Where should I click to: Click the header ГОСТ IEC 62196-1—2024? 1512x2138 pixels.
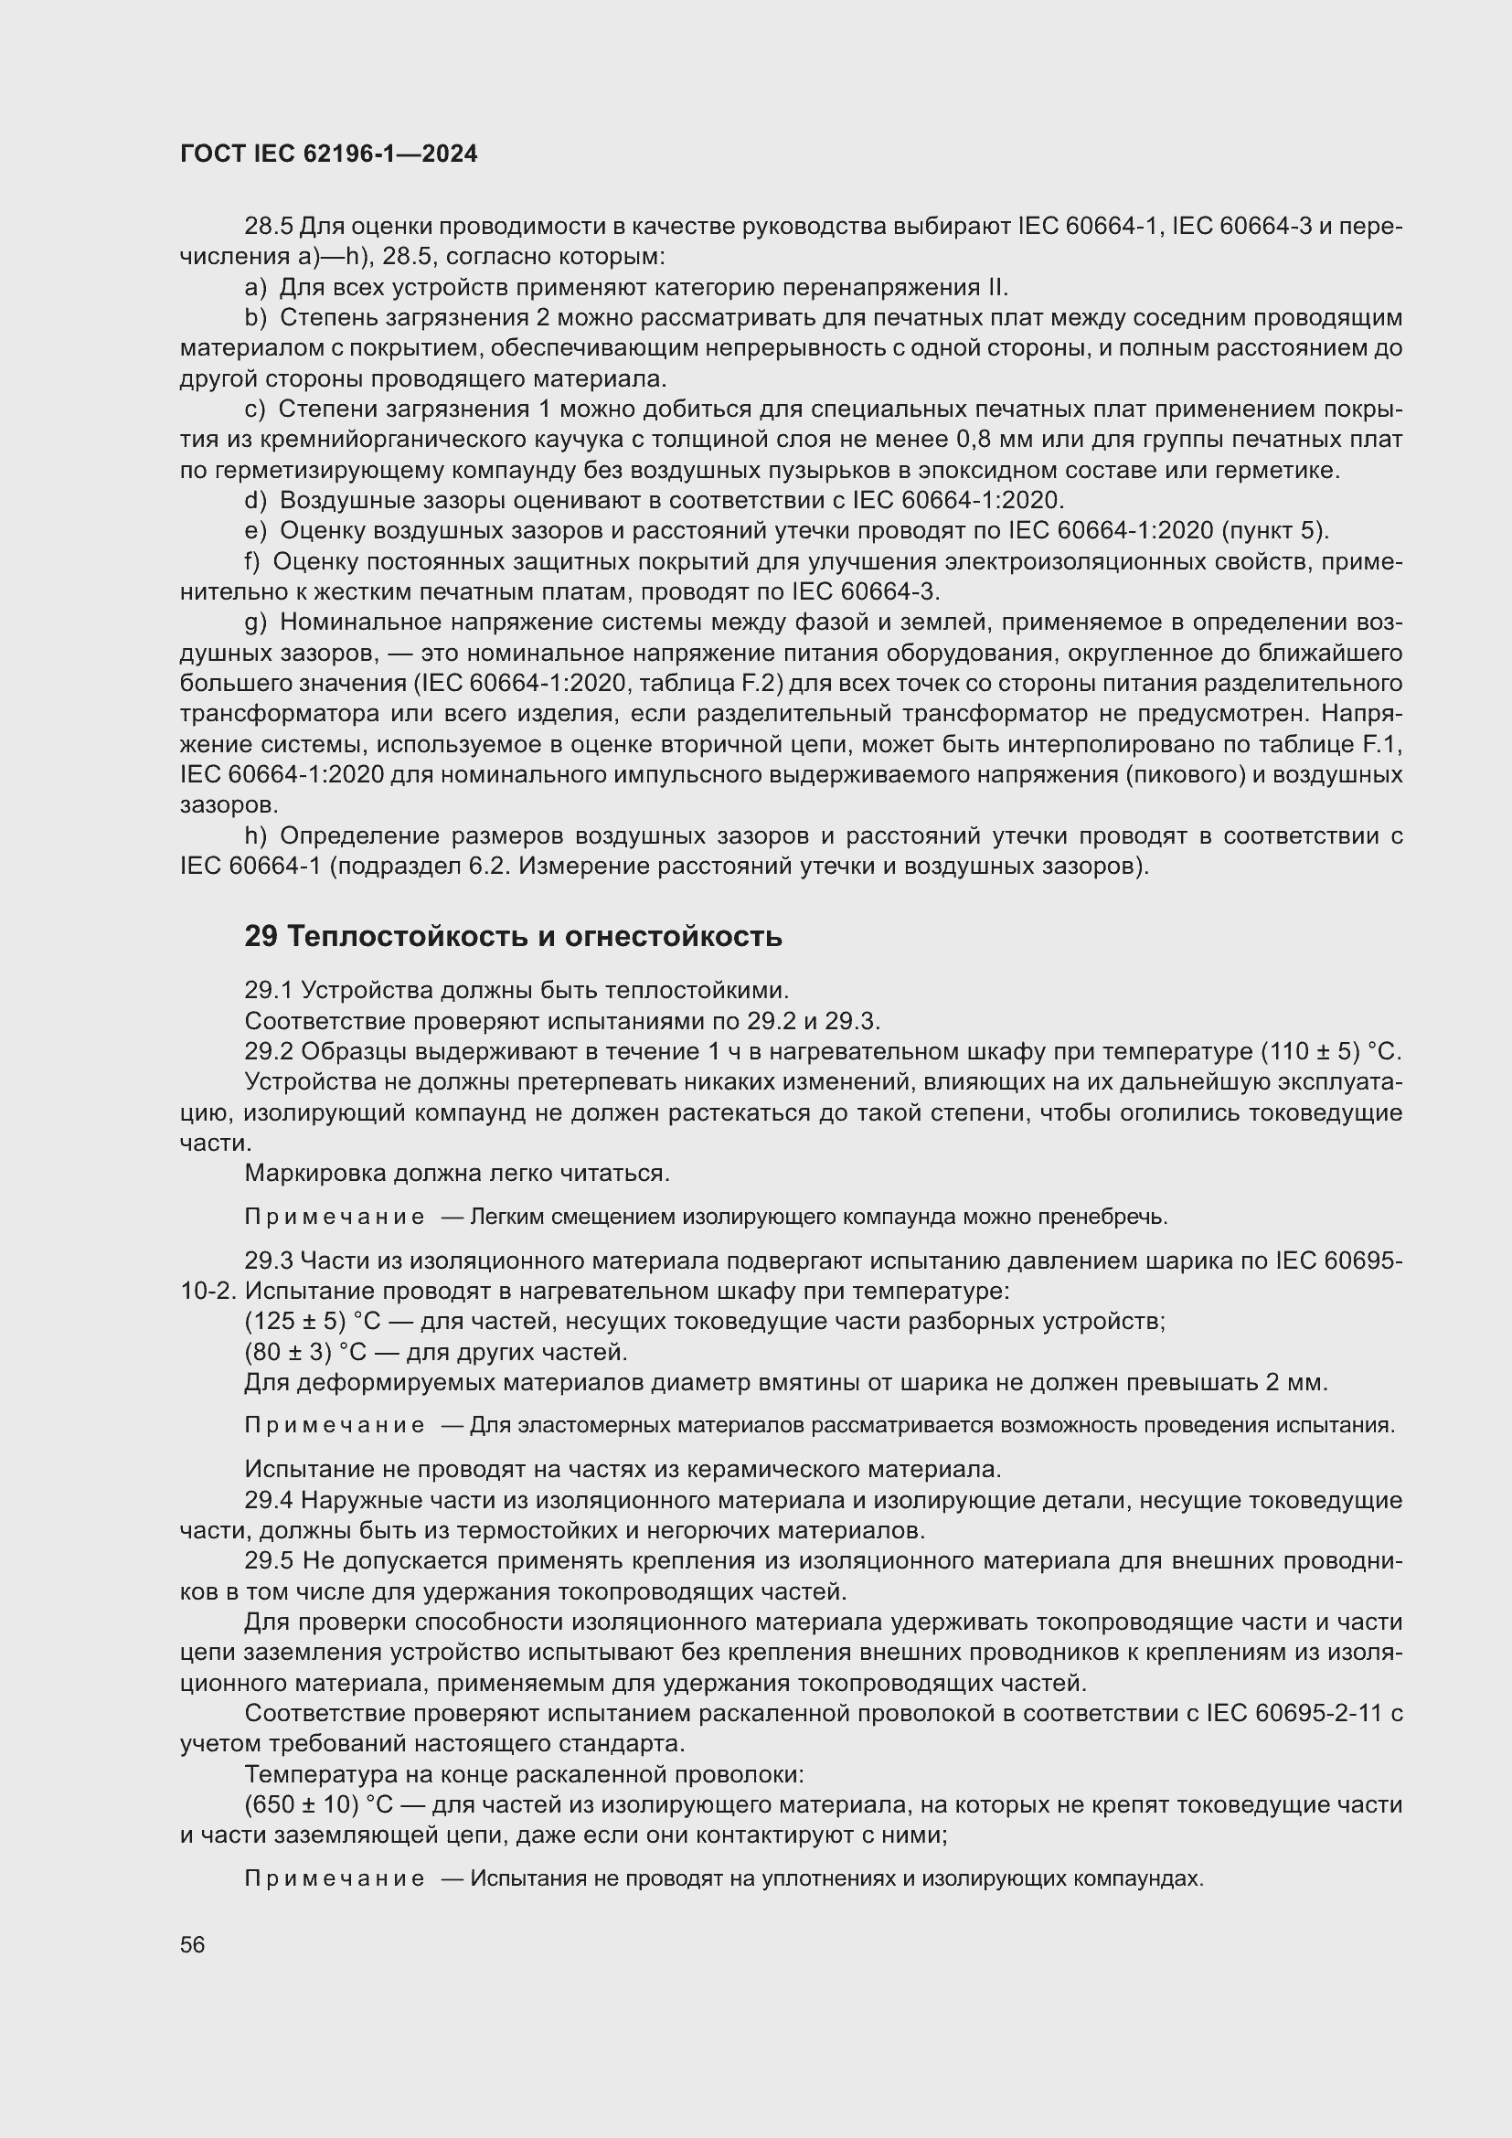pos(329,154)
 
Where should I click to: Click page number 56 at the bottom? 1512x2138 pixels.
pos(193,1944)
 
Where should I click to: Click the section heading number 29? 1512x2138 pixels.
pos(261,937)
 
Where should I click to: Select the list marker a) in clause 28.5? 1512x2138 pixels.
pos(255,287)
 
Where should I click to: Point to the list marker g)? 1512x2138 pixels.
pos(255,622)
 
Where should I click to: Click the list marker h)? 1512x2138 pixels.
pos(255,835)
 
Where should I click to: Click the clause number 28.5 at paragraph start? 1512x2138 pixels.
pos(268,227)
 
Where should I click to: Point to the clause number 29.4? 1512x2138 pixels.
pos(268,1500)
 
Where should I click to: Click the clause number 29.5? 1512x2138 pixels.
pos(268,1560)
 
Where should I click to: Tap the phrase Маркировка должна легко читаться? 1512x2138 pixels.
pos(457,1174)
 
